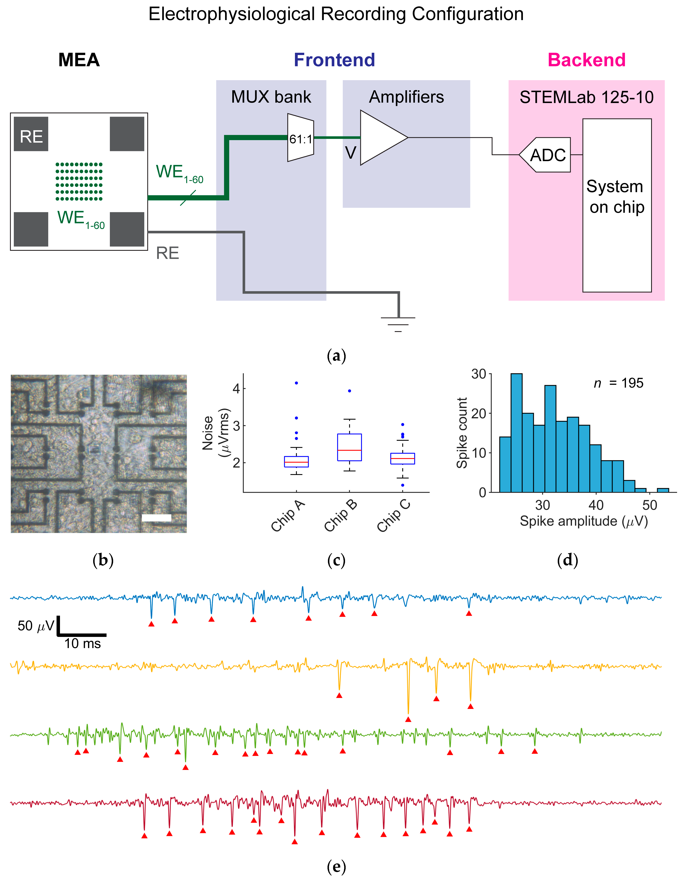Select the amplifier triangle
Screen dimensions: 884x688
point(381,138)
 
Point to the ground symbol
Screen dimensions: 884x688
point(398,324)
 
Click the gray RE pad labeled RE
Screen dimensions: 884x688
point(31,134)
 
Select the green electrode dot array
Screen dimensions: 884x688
point(79,181)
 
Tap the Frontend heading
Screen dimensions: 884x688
point(335,60)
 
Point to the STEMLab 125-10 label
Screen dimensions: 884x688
point(586,97)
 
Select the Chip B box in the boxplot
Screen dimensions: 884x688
point(350,447)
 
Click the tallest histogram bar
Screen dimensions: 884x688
point(516,433)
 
